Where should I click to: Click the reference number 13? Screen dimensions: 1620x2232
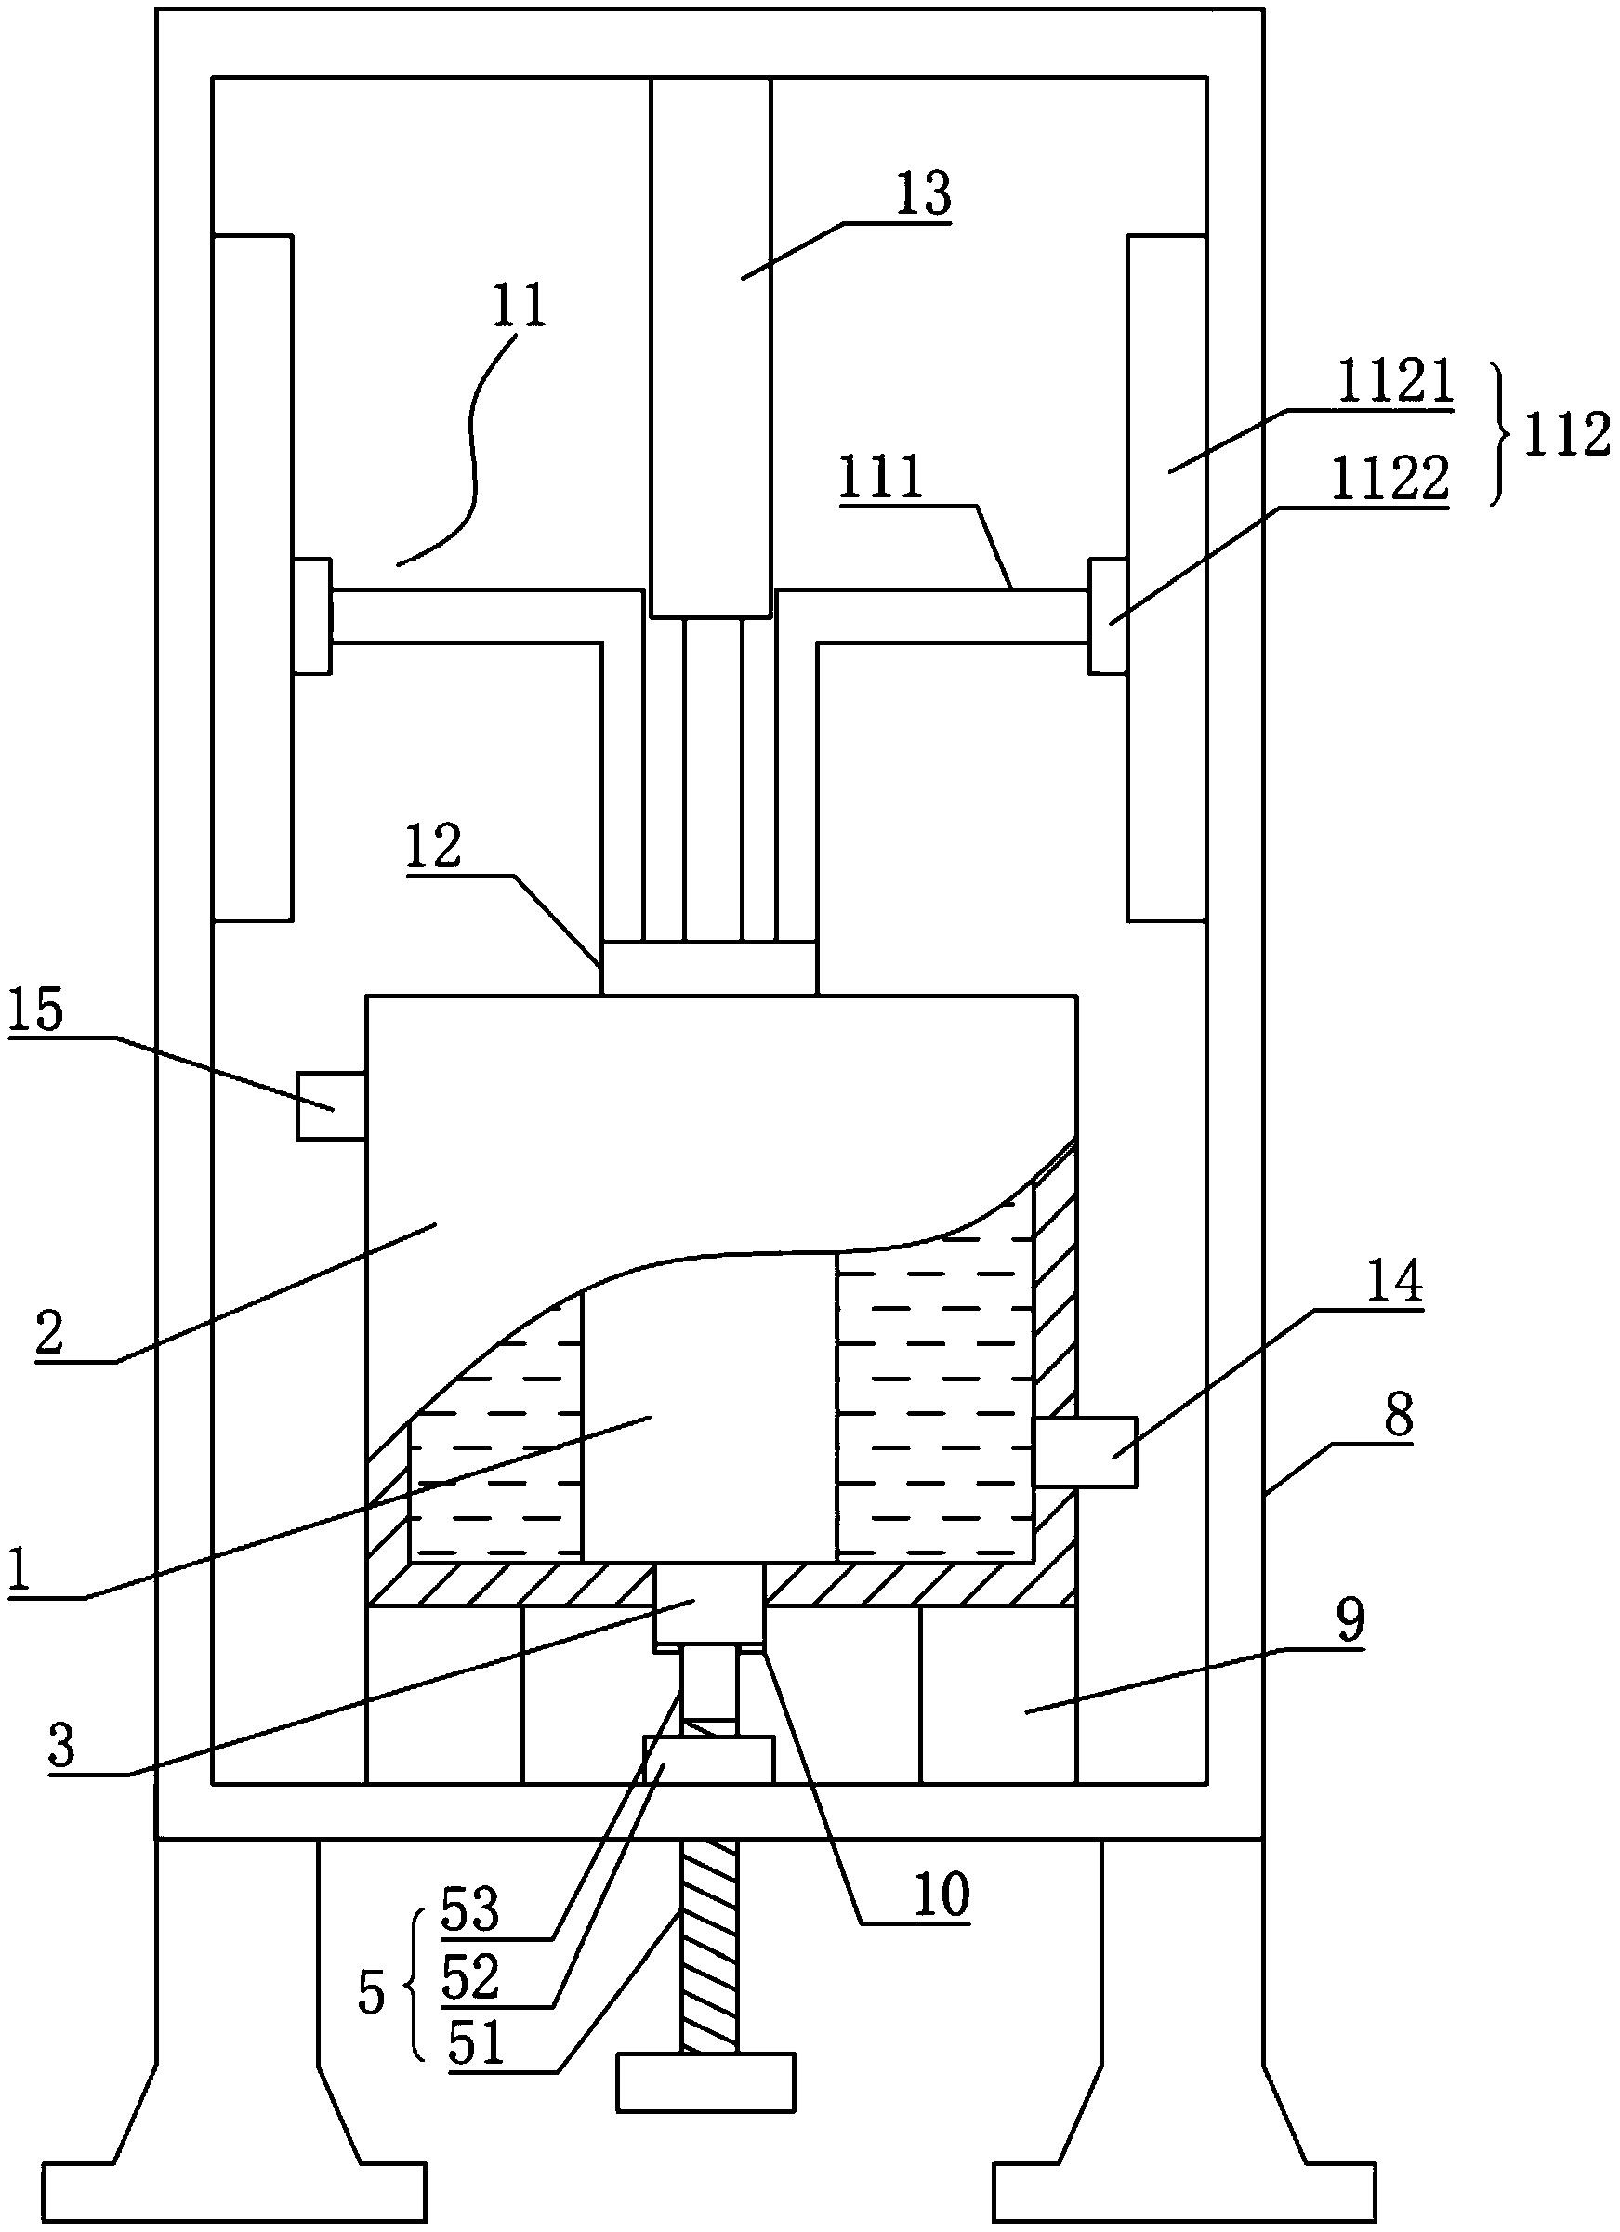(x=922, y=194)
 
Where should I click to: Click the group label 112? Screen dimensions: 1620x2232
(x=1566, y=433)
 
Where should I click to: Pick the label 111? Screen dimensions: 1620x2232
(x=881, y=477)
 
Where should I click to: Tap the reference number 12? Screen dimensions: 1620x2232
(x=433, y=845)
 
